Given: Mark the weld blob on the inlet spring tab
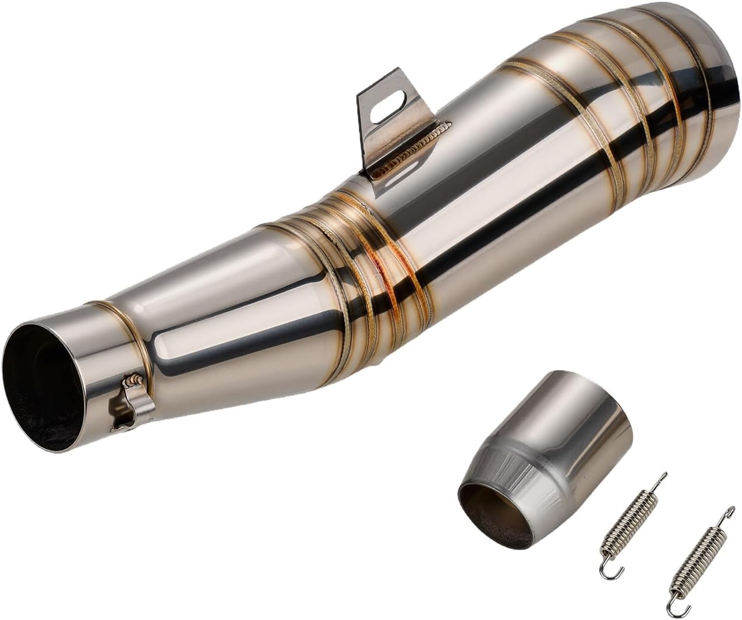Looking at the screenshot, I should click(x=133, y=382).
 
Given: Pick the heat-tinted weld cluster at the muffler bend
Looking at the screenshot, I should click(x=373, y=245).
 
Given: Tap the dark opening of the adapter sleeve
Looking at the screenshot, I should click(x=495, y=513).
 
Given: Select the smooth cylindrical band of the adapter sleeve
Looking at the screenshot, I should click(x=582, y=420).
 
